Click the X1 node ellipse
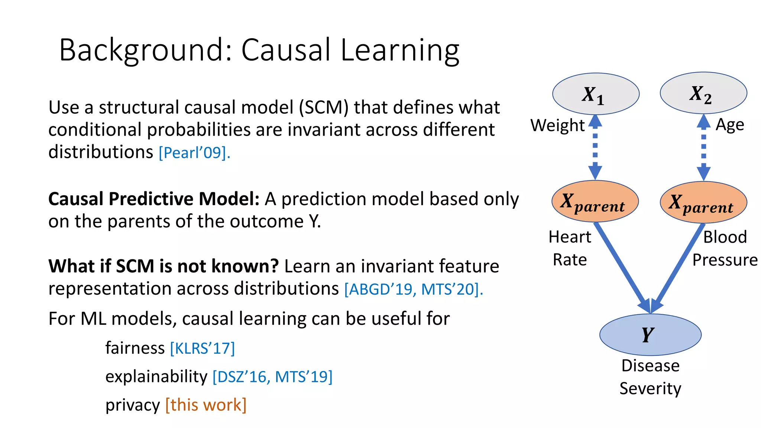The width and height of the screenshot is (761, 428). pos(596,94)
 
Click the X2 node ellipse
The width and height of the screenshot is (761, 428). pos(703,93)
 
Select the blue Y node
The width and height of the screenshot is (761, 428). pos(650,334)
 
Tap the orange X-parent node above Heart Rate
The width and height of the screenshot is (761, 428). pos(595,201)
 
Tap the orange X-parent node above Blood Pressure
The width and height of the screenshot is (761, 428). pos(703,202)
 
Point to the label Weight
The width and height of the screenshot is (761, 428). pos(557,125)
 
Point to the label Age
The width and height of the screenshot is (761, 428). pos(730,125)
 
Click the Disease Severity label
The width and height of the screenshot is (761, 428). pos(650,377)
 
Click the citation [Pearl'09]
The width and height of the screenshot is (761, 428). pos(194,153)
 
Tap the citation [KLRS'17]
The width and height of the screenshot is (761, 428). pos(203,348)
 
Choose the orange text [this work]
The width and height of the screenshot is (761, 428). pos(206,405)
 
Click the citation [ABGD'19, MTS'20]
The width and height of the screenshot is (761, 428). pos(413,289)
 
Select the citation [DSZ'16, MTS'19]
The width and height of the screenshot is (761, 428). pos(272,377)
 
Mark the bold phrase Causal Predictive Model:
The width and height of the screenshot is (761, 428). pos(154,199)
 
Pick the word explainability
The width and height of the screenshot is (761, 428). pos(156,376)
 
